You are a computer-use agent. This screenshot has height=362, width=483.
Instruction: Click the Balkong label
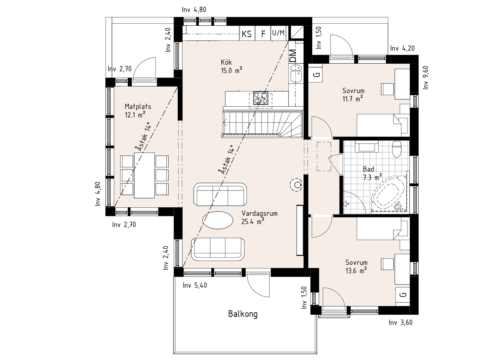click(x=243, y=314)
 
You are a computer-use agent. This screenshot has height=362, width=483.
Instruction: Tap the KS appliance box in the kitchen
click(x=247, y=33)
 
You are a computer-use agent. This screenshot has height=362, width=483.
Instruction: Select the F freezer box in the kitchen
click(x=263, y=33)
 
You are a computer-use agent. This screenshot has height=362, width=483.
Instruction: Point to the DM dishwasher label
click(x=293, y=56)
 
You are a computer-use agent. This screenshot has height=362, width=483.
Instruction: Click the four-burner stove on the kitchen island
click(x=261, y=98)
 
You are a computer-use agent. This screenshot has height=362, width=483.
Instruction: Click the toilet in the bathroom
click(x=397, y=150)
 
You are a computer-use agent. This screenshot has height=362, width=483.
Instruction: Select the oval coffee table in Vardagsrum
click(x=218, y=220)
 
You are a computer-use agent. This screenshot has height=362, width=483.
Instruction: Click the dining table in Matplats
click(x=144, y=175)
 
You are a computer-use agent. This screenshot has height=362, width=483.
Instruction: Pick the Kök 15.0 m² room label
click(x=231, y=66)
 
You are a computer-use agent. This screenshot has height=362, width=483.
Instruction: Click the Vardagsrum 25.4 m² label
click(x=259, y=217)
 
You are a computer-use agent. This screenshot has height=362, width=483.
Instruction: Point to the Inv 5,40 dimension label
click(x=195, y=285)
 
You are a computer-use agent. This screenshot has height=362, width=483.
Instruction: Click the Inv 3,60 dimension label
click(x=400, y=322)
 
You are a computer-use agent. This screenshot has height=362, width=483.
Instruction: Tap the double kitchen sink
click(x=296, y=73)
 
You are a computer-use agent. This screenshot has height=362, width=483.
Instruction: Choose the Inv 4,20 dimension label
click(x=402, y=48)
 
